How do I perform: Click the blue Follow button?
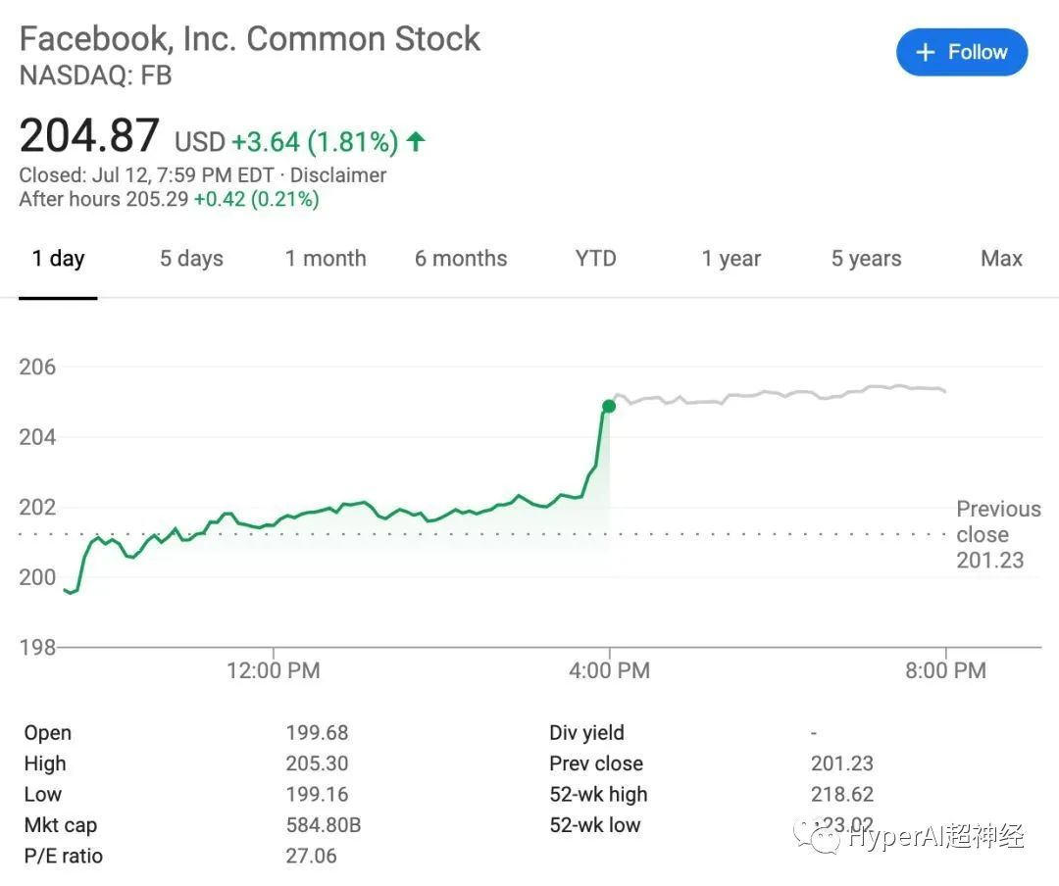962,53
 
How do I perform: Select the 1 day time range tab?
58,259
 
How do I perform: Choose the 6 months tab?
461,259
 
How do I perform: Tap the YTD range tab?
596,259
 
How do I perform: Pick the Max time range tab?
1001,259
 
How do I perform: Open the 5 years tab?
866,259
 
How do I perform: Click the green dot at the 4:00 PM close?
609,406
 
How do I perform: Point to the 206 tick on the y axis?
38,368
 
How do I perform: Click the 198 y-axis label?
38,647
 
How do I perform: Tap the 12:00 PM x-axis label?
273,671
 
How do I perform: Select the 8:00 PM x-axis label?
945,671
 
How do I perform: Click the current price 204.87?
89,135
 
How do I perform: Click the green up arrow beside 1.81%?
416,141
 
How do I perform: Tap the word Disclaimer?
338,175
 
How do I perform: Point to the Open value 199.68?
317,733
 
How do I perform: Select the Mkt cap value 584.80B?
324,825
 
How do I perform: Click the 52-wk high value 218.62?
842,795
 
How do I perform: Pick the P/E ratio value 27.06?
311,857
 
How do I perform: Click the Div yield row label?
586,733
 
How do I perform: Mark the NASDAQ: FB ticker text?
96,75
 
